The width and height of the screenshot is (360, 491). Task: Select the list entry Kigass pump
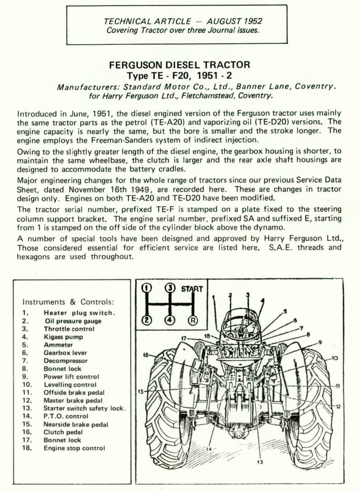63,337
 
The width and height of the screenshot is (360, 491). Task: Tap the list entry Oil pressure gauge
72,321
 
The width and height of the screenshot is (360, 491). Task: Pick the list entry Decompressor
66,361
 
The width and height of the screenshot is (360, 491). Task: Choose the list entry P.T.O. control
66,416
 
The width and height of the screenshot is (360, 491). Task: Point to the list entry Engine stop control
74,448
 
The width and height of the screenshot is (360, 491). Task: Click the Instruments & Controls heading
68,302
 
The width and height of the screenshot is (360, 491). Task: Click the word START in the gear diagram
192,289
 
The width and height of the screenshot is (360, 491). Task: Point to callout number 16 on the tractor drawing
145,355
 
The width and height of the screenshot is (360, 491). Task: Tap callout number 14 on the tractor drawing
209,449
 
